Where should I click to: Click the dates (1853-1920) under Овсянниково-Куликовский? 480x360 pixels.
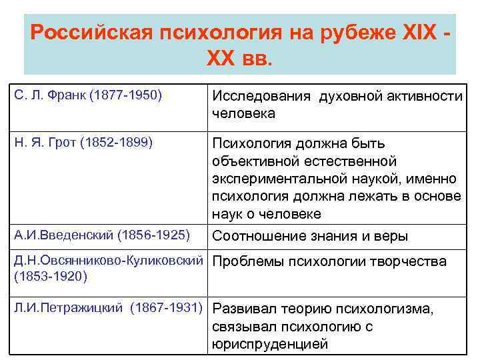[50, 275]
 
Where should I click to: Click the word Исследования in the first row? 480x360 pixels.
[261, 97]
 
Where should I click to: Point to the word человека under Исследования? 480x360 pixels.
[243, 113]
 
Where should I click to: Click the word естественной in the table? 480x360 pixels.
[359, 161]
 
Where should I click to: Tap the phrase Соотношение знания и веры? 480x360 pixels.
[310, 236]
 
